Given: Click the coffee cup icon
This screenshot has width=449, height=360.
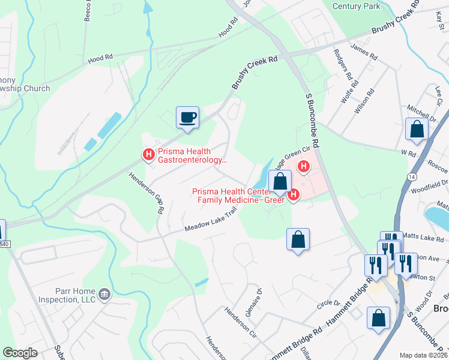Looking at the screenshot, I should tap(187, 116).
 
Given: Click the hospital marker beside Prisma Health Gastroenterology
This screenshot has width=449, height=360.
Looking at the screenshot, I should tap(148, 155).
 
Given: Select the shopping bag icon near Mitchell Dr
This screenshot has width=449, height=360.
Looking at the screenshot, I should tap(417, 128).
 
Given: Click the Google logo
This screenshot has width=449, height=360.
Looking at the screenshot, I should tap(20, 353).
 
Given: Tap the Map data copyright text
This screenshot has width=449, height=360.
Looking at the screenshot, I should tap(424, 355).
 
